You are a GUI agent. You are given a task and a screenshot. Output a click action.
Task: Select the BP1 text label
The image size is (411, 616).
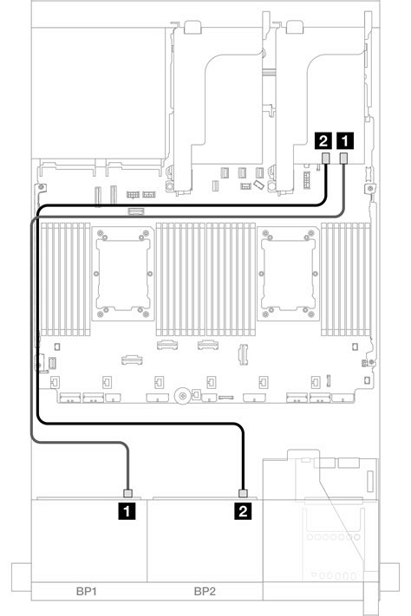(88, 592)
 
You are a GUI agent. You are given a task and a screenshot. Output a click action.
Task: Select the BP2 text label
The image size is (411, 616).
(205, 592)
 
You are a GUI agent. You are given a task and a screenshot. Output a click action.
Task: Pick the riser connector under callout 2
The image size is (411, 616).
(325, 158)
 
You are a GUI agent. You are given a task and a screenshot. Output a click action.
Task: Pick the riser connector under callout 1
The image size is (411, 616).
(345, 158)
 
